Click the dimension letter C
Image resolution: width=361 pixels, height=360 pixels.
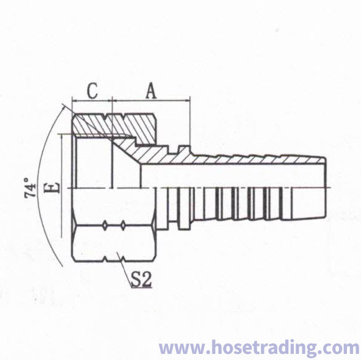(x=93, y=91)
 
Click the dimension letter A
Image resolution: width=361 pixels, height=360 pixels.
(x=151, y=91)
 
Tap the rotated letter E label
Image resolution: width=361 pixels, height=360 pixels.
(x=54, y=187)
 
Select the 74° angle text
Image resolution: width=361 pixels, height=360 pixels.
(x=30, y=188)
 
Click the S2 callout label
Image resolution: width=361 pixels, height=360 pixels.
(x=141, y=279)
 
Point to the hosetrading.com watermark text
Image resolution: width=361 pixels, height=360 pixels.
(x=259, y=347)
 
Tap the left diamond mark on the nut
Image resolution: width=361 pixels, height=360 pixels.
(x=105, y=225)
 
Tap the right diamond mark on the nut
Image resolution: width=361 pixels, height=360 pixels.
(x=123, y=225)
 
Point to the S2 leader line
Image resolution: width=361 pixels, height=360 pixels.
(x=125, y=270)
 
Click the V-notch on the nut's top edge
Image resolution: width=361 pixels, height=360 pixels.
(x=106, y=117)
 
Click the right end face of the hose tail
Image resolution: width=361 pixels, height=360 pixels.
(x=326, y=187)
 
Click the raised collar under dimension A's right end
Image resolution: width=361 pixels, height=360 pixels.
(x=184, y=149)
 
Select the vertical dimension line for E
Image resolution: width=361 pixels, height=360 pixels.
(x=62, y=186)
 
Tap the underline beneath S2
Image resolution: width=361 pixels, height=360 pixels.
(x=141, y=287)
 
